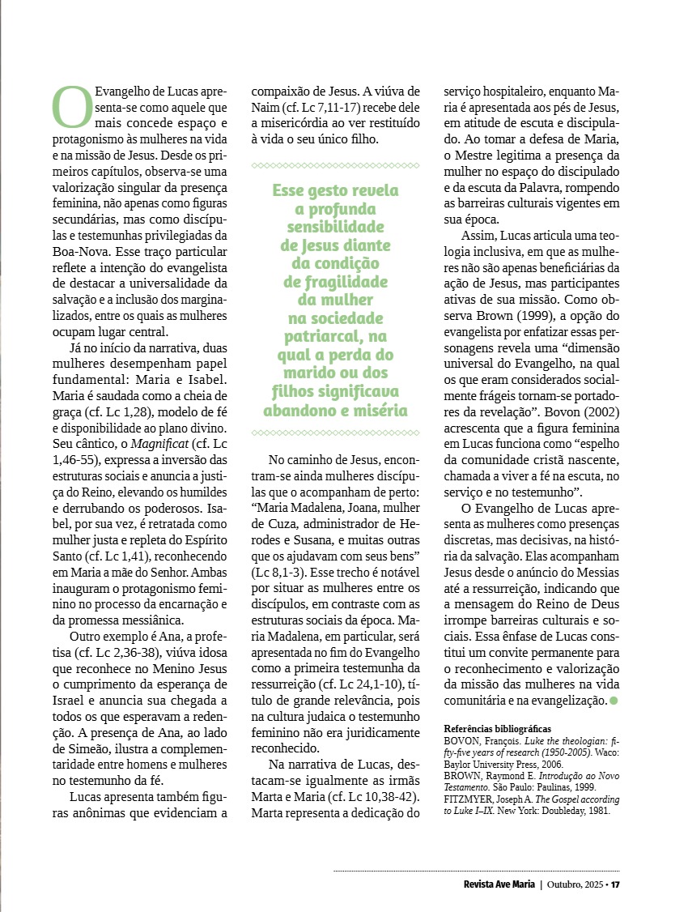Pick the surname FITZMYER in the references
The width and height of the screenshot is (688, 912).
[x=469, y=775]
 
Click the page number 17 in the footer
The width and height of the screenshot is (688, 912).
[x=615, y=884]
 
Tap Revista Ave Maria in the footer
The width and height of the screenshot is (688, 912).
[x=493, y=884]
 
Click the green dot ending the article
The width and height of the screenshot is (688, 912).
[x=614, y=700]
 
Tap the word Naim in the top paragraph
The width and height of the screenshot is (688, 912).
[x=267, y=108]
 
